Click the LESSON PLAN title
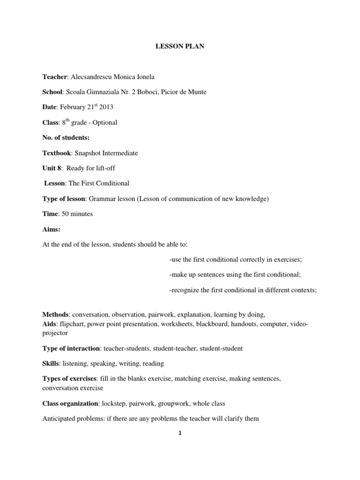tap(180, 47)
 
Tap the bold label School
tap(52, 92)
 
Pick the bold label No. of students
tap(66, 138)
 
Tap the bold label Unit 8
tap(52, 168)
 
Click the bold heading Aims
tap(51, 229)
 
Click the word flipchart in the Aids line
tap(72, 323)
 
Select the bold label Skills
tap(51, 363)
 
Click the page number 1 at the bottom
tap(180, 433)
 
